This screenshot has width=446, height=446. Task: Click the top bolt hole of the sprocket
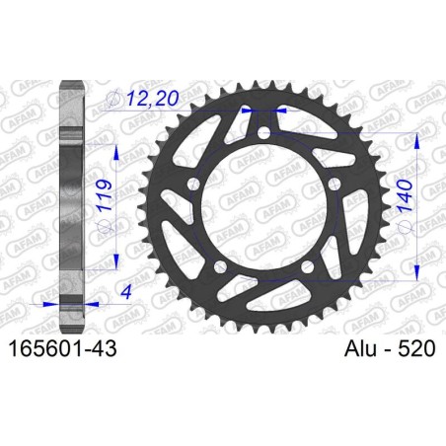point(263,132)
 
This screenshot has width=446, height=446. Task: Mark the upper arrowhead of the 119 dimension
point(117,149)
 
